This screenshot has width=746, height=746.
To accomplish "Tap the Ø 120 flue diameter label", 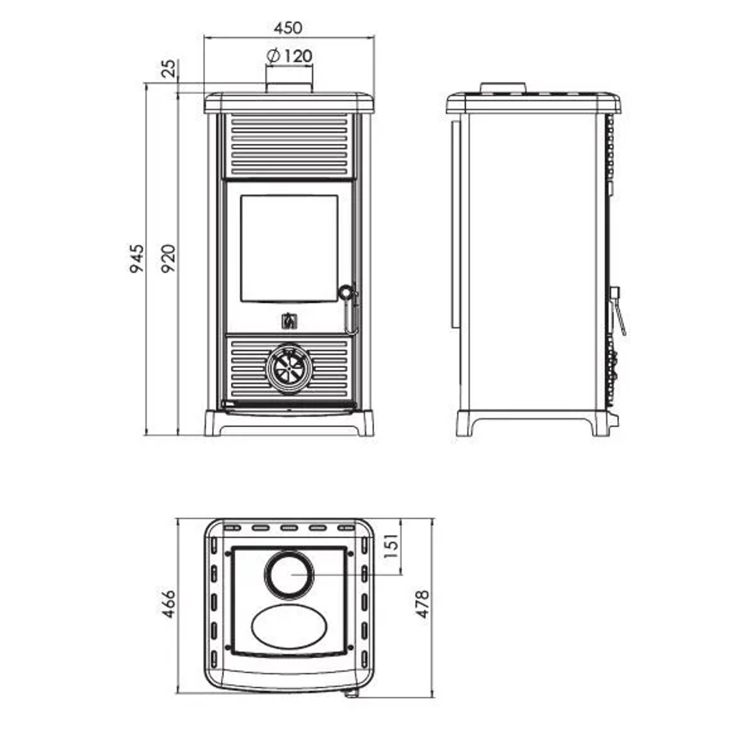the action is [x=289, y=56].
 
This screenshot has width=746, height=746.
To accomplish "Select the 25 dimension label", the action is [x=169, y=68].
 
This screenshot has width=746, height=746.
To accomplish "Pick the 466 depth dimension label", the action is [x=169, y=604].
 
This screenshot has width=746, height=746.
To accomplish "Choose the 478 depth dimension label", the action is [x=422, y=604].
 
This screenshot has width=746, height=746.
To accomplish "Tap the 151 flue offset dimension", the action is [x=391, y=546].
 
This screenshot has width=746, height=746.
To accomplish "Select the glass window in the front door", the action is [x=289, y=249].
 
